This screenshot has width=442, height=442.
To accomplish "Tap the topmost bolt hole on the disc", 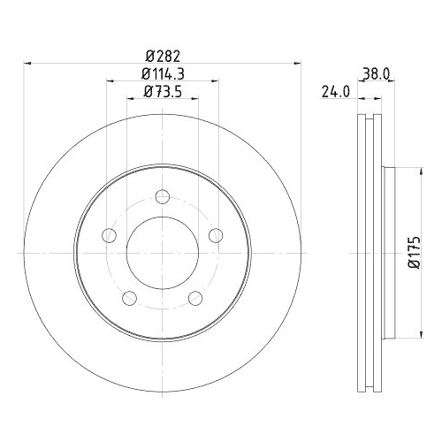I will pos(161,197).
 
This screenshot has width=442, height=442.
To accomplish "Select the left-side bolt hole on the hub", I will pos(110,235).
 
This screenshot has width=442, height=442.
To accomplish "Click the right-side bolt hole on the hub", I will pos(214,235).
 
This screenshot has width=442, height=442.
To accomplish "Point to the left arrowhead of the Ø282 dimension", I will pos(27,63).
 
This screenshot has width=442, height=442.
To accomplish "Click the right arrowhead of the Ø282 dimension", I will pos(296,63).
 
